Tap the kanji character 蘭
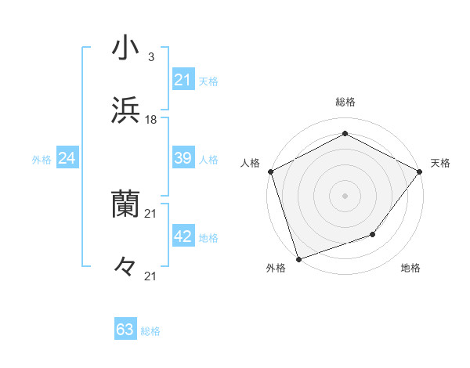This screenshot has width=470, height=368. pos(125,204)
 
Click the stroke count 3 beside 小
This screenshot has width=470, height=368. pos(150,57)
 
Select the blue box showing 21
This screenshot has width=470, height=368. pos(183,80)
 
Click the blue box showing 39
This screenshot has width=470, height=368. pos(183,158)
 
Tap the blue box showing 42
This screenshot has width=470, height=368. pos(183,236)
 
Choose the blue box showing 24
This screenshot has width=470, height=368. pos(67,158)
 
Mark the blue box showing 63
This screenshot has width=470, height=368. pos(125,330)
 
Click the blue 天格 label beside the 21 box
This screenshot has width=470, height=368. pos(208,81)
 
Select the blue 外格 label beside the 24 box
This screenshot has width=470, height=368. pos(42,159)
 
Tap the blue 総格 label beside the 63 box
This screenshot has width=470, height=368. pos(150,330)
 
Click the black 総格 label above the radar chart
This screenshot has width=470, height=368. pos(345,103)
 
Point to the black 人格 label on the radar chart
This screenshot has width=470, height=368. pos(250,163)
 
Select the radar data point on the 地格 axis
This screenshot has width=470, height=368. pos(374,234)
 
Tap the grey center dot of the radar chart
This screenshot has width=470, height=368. pos(345,195)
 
